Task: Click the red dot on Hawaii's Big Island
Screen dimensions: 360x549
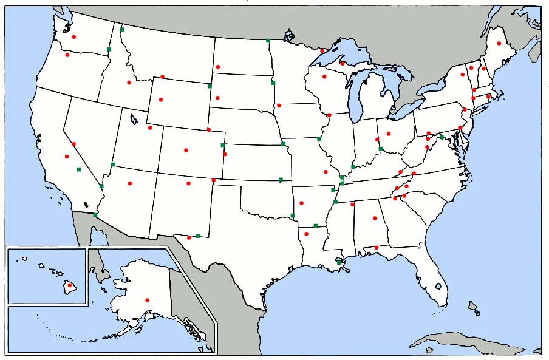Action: [x=69, y=285]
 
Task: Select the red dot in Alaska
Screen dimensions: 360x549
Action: [x=147, y=300]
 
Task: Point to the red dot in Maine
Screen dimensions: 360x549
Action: [x=499, y=43]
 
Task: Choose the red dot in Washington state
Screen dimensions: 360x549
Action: [x=74, y=37]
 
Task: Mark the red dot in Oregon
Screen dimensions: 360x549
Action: [x=67, y=55]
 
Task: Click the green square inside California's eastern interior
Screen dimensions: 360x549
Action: [x=78, y=169]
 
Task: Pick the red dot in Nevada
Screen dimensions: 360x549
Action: [x=73, y=144]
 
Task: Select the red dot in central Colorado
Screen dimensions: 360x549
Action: [x=186, y=150]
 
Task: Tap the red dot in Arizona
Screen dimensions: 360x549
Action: [x=129, y=183]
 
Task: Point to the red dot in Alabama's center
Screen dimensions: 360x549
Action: [x=375, y=218]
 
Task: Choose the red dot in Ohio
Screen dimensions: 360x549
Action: [x=389, y=134]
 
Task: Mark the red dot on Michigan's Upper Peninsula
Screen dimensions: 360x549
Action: [x=343, y=63]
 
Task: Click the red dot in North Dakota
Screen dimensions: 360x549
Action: [x=217, y=67]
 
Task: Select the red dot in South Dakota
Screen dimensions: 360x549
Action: [x=217, y=97]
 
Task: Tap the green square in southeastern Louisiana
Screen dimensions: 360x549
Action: [x=339, y=262]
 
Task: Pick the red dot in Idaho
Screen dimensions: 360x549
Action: [x=129, y=83]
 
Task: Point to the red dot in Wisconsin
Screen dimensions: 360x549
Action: [x=324, y=76]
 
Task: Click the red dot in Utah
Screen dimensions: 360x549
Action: [x=150, y=127]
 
